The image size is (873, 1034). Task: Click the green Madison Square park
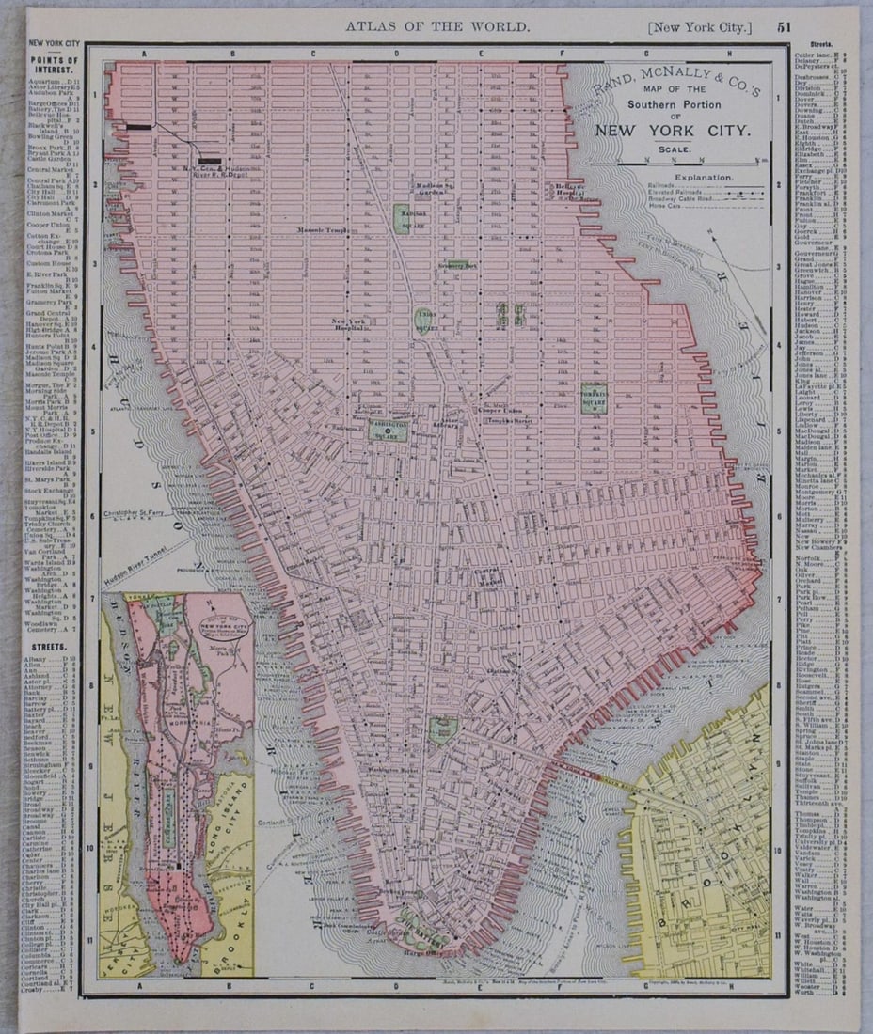[402, 219]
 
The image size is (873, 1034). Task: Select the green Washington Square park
[388, 430]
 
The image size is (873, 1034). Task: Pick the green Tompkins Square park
[594, 399]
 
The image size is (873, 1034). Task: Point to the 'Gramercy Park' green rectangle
[458, 264]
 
